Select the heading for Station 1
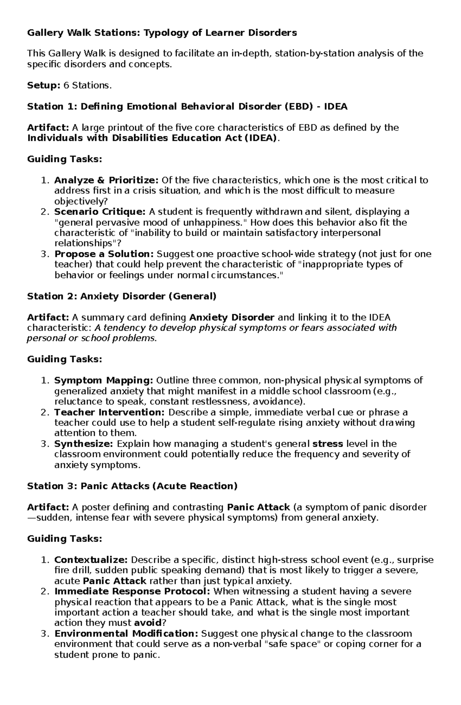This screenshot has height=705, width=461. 187,106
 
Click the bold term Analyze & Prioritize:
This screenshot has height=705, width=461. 106,180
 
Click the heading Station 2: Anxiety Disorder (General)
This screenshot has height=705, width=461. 122,296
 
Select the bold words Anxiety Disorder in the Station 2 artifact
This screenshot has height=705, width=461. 232,317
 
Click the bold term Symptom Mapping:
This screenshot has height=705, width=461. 104,380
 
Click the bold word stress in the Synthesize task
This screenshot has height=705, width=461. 328,444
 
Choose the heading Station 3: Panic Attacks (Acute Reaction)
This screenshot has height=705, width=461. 132,486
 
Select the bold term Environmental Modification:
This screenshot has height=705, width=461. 126,634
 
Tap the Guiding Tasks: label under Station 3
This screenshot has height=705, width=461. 65,539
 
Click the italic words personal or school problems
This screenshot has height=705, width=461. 91,338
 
